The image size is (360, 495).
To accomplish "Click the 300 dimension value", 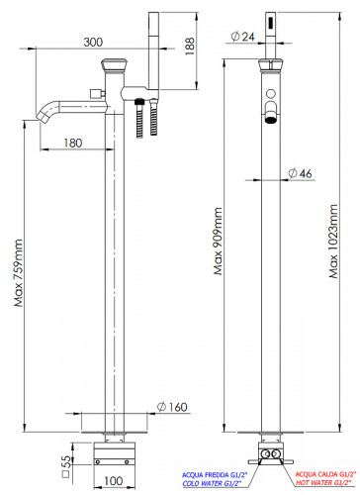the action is (x=93, y=43).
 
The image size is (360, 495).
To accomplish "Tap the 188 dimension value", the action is (x=190, y=47).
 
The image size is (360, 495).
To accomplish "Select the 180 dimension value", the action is (x=73, y=143).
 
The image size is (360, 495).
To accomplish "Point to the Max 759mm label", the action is (x=19, y=273).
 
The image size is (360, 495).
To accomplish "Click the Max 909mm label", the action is (x=218, y=242).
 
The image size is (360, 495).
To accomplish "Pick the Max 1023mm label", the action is (x=333, y=242).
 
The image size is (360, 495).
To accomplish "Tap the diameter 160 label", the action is (x=172, y=407).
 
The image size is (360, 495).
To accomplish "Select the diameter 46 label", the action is (x=300, y=173).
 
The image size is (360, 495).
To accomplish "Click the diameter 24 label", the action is (x=243, y=37).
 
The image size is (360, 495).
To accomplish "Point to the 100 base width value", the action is (x=114, y=481).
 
